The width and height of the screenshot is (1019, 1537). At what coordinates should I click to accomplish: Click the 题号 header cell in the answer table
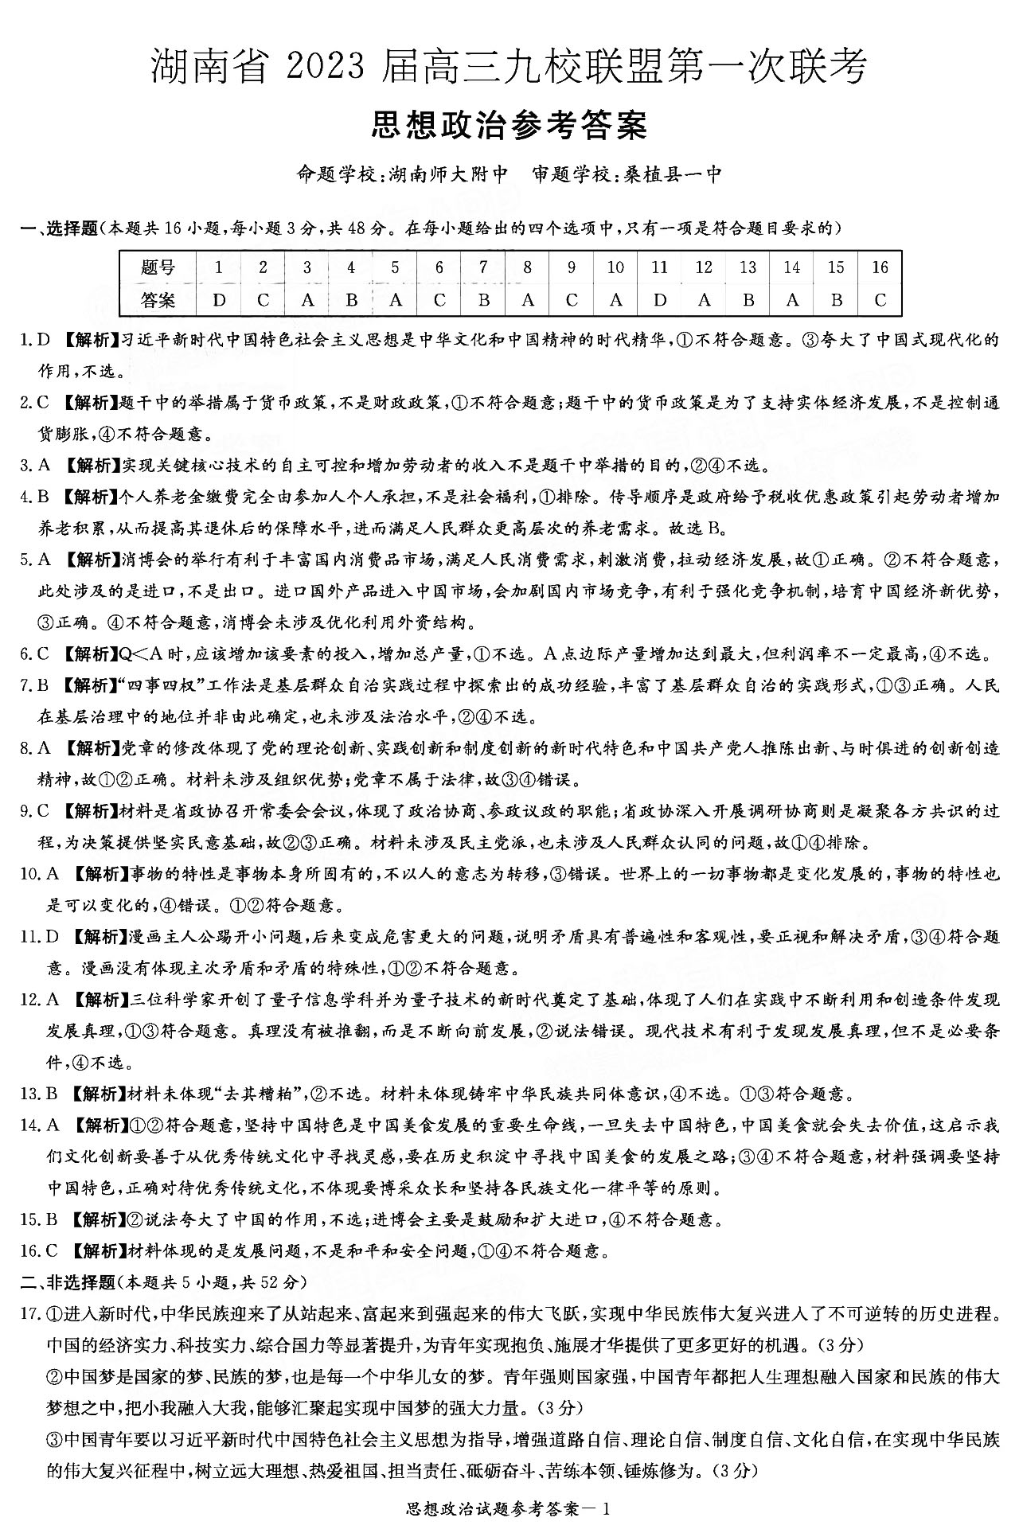(x=158, y=267)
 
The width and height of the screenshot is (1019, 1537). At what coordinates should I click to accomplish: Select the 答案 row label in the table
(x=158, y=300)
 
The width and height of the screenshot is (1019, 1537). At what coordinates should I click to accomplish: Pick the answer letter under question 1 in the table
(x=219, y=300)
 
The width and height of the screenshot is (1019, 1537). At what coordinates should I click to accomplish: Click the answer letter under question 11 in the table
(x=659, y=300)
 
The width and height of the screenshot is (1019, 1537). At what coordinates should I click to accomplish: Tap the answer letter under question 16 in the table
(x=880, y=300)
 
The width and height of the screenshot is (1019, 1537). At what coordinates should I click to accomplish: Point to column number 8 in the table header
(x=527, y=267)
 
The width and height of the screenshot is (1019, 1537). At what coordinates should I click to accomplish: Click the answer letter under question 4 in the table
(x=351, y=300)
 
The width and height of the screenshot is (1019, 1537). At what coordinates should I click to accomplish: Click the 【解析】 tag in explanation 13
(x=97, y=1093)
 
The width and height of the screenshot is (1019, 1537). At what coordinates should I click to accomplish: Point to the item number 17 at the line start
(x=29, y=1313)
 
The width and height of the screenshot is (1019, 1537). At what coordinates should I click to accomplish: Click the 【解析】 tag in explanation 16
(x=97, y=1250)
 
